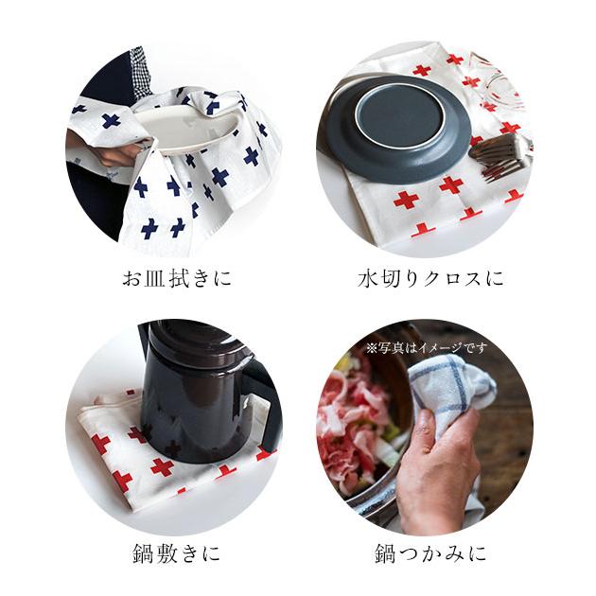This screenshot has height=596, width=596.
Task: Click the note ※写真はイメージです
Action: [428, 348]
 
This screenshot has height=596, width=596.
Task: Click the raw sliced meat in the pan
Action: [355, 416]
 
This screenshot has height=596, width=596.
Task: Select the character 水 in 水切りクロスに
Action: [368, 279]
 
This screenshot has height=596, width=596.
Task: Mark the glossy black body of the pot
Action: [189, 416]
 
